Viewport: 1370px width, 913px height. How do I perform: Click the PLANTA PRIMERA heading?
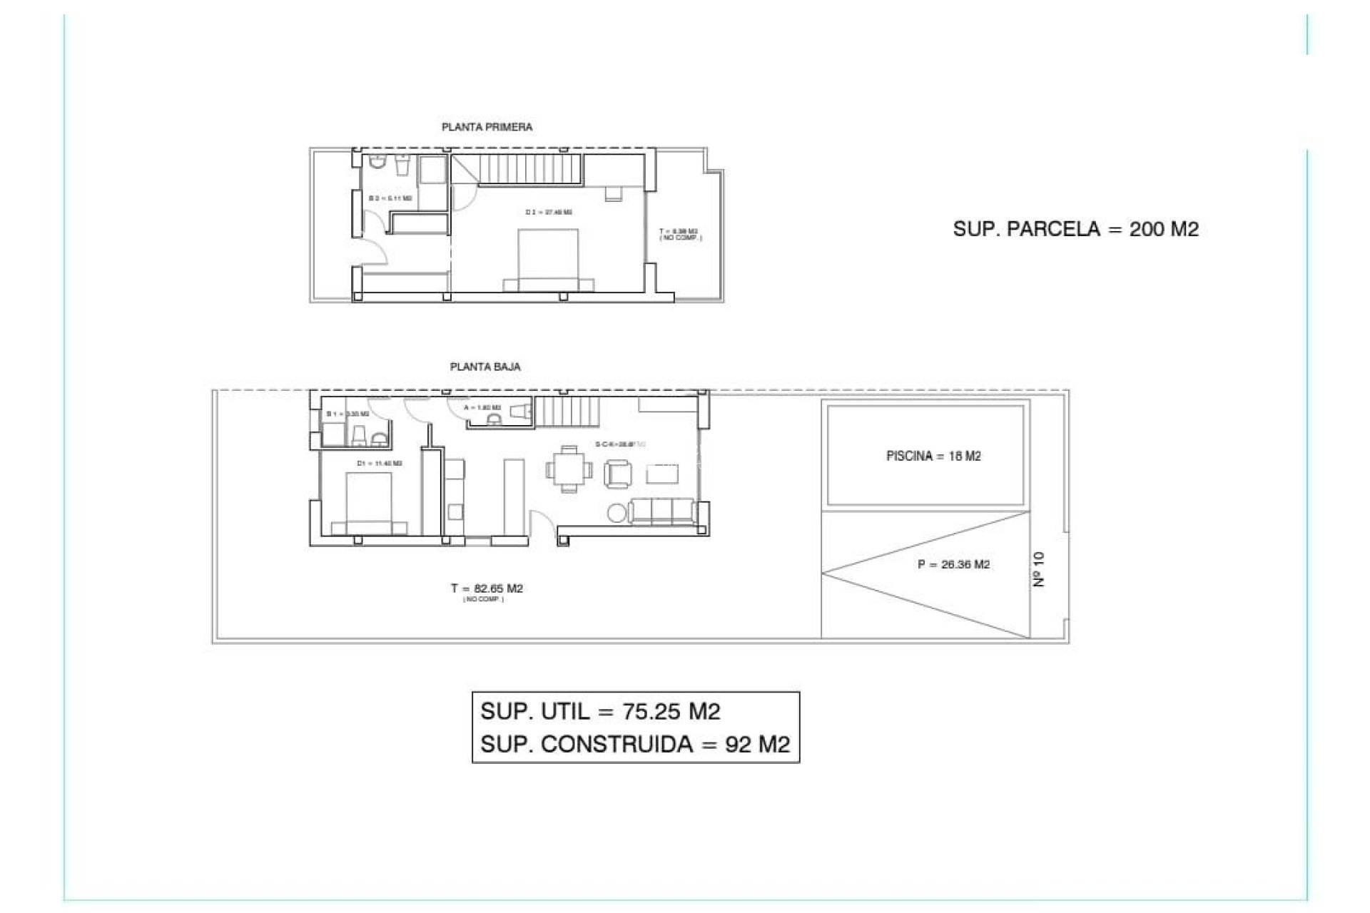[487, 127]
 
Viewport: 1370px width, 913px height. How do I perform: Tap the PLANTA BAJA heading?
[485, 367]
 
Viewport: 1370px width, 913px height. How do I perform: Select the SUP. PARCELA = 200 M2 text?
[1075, 229]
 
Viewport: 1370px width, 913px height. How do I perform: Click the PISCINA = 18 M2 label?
[933, 456]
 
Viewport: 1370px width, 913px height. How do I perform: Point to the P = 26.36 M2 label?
[953, 564]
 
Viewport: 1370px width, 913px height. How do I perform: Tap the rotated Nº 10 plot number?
[1039, 569]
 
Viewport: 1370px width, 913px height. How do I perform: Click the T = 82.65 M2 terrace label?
[487, 588]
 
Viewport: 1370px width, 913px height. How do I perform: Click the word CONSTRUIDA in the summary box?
[617, 744]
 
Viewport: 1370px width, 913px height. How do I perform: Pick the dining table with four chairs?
[569, 469]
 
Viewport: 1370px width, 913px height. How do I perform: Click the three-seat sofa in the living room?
[663, 511]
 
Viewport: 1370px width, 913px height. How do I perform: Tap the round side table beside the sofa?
[616, 512]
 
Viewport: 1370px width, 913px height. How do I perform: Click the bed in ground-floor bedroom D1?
[369, 504]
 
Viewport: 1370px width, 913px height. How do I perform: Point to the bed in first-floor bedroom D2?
[548, 260]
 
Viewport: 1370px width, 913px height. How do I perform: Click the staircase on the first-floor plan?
[531, 168]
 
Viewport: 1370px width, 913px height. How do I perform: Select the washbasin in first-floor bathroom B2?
[402, 165]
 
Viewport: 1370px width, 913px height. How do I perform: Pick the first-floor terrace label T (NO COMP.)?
[679, 234]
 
